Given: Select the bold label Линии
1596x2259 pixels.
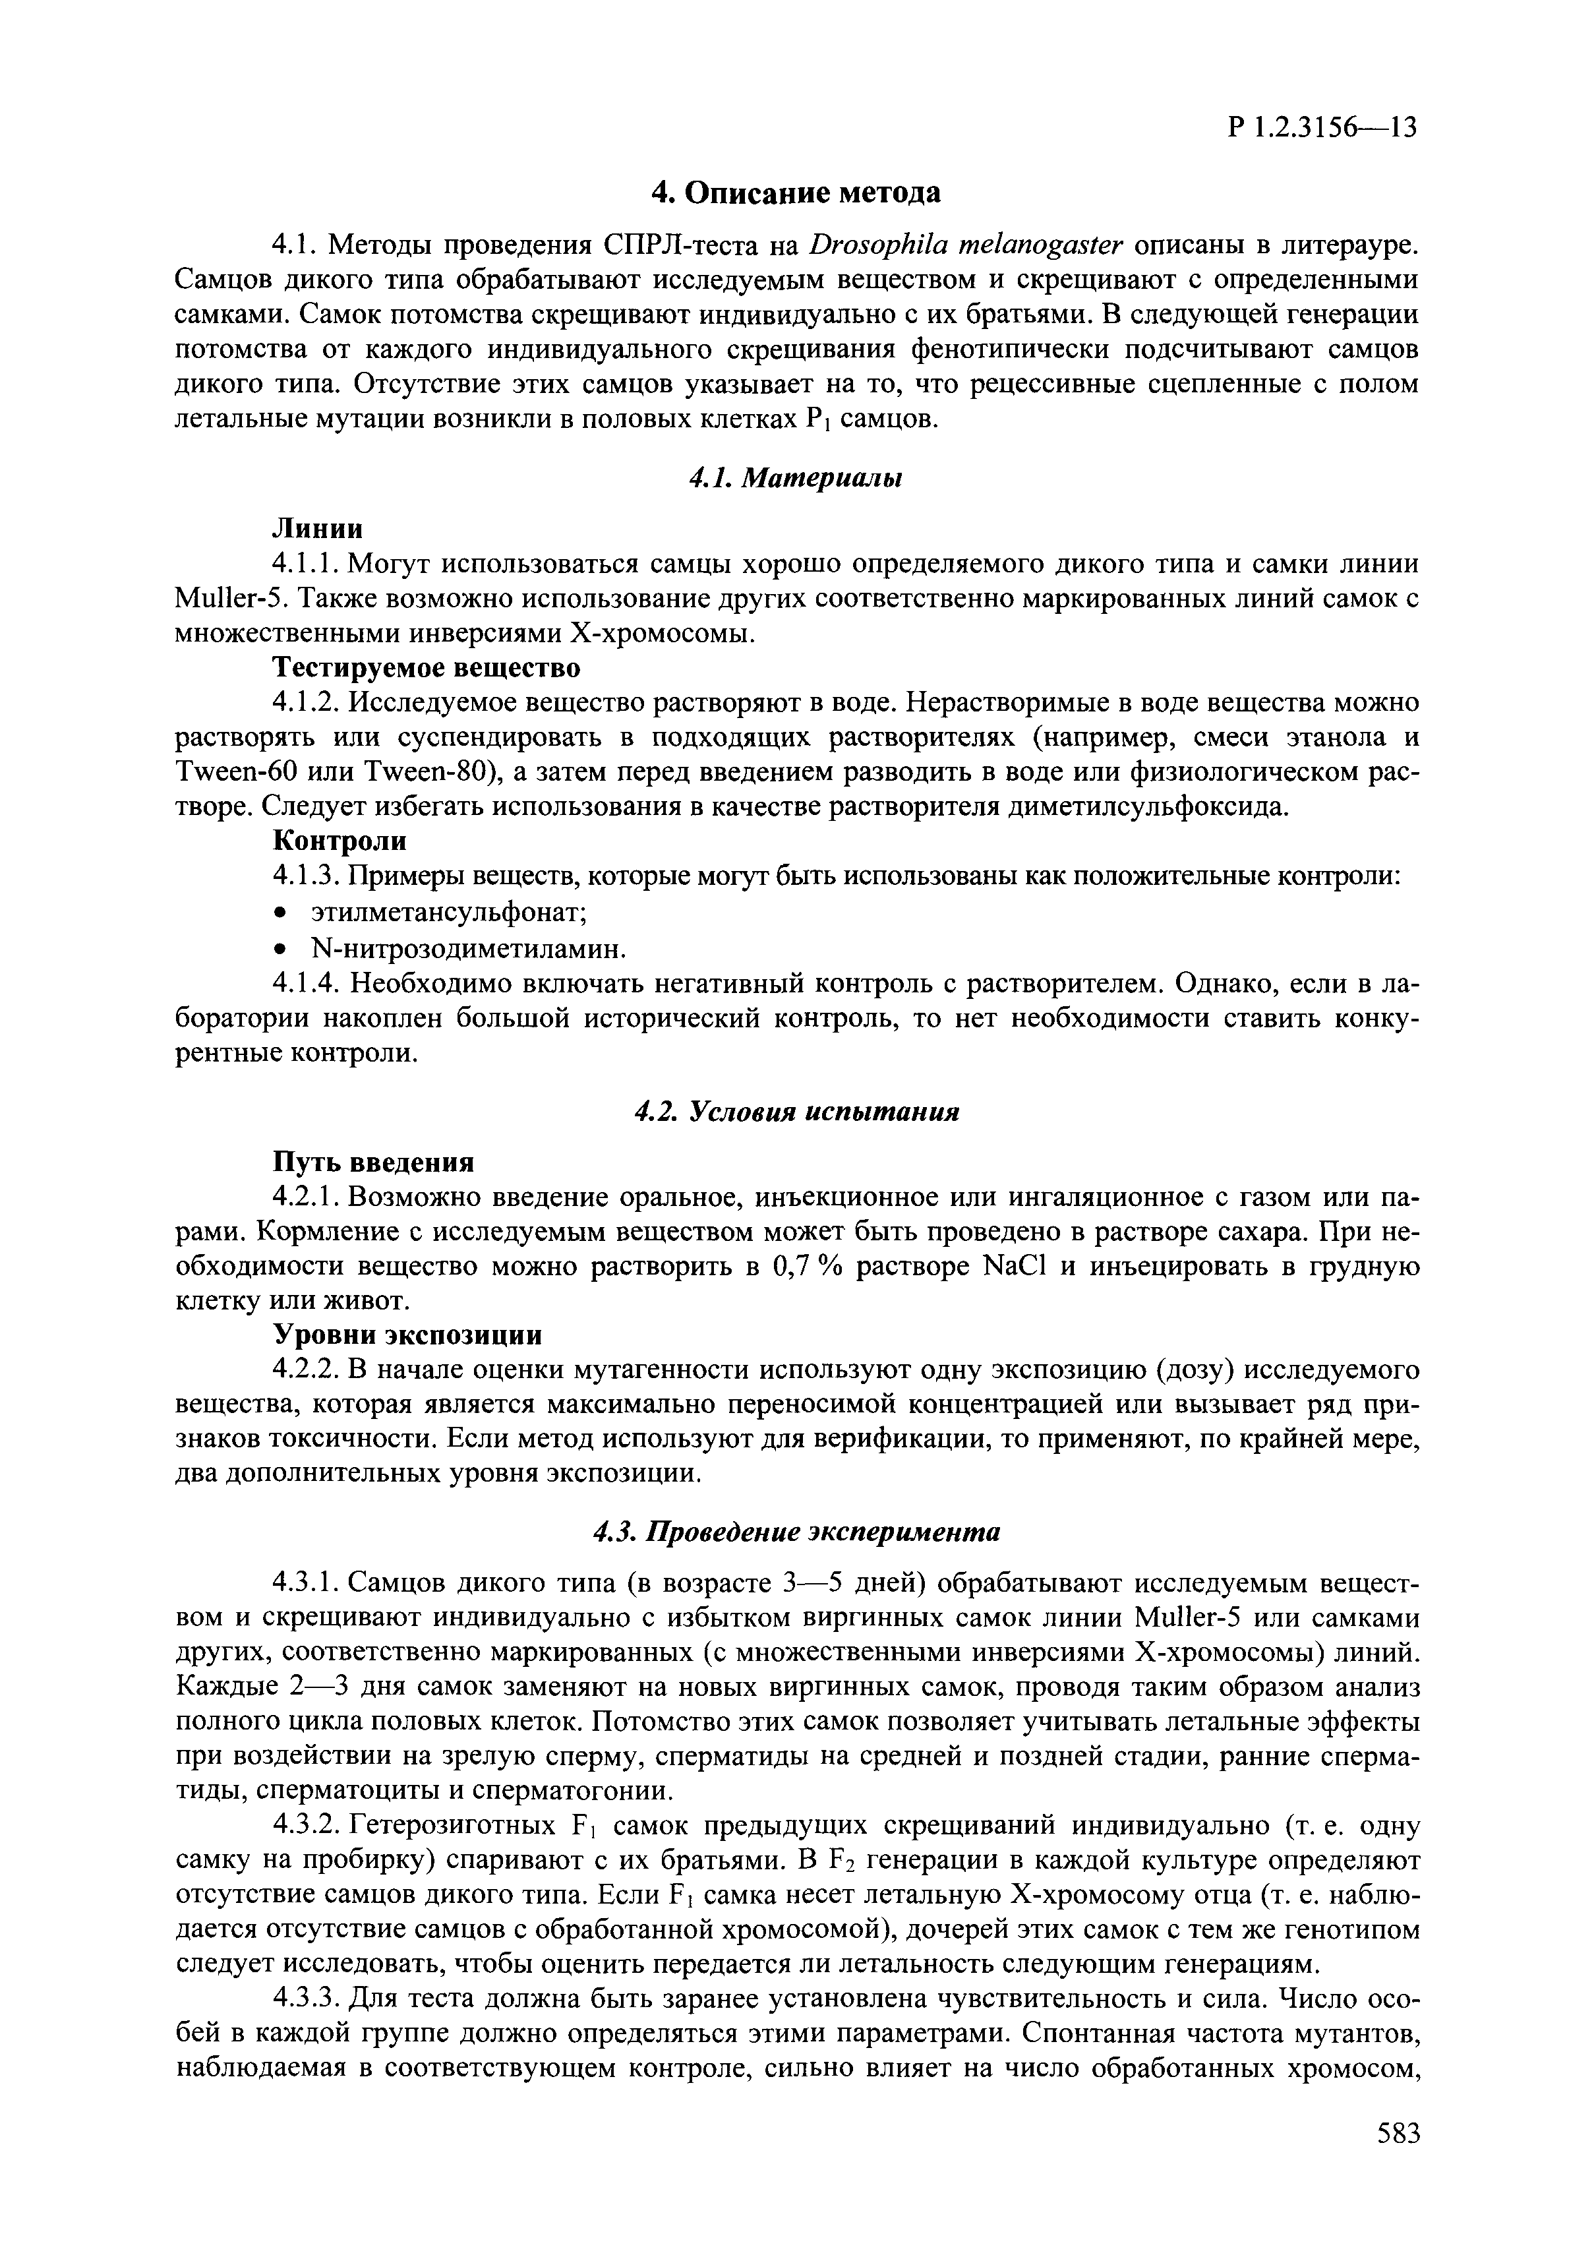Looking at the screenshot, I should coord(317,529).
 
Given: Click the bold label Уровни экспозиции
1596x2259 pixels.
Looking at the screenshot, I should coord(406,1335).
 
